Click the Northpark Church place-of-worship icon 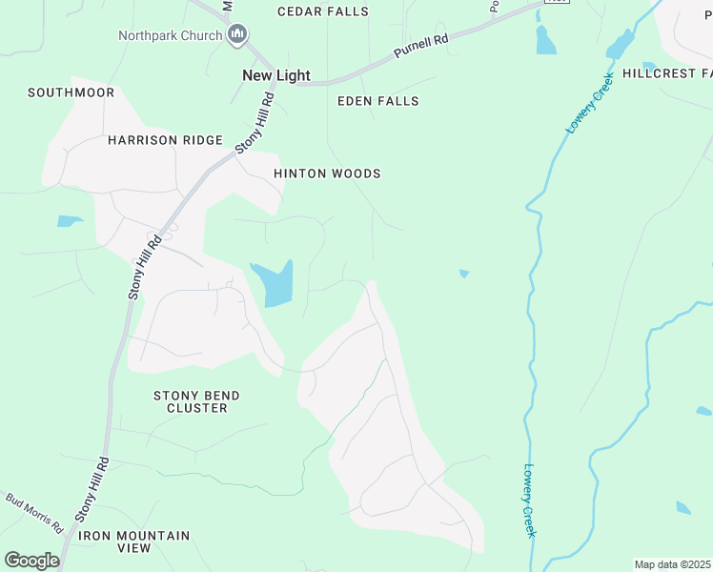tap(237, 35)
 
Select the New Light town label tap(270, 75)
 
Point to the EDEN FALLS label tap(377, 101)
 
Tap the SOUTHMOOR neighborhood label tap(71, 92)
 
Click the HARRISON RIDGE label tap(165, 140)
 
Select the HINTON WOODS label tap(327, 174)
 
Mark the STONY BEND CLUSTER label tap(196, 401)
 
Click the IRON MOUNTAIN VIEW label tap(134, 541)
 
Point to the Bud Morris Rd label tap(33, 513)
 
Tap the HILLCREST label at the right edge tap(666, 73)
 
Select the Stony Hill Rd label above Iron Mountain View tap(92, 489)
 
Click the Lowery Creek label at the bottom tap(529, 500)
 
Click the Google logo tap(31, 560)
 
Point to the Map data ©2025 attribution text tap(672, 564)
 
